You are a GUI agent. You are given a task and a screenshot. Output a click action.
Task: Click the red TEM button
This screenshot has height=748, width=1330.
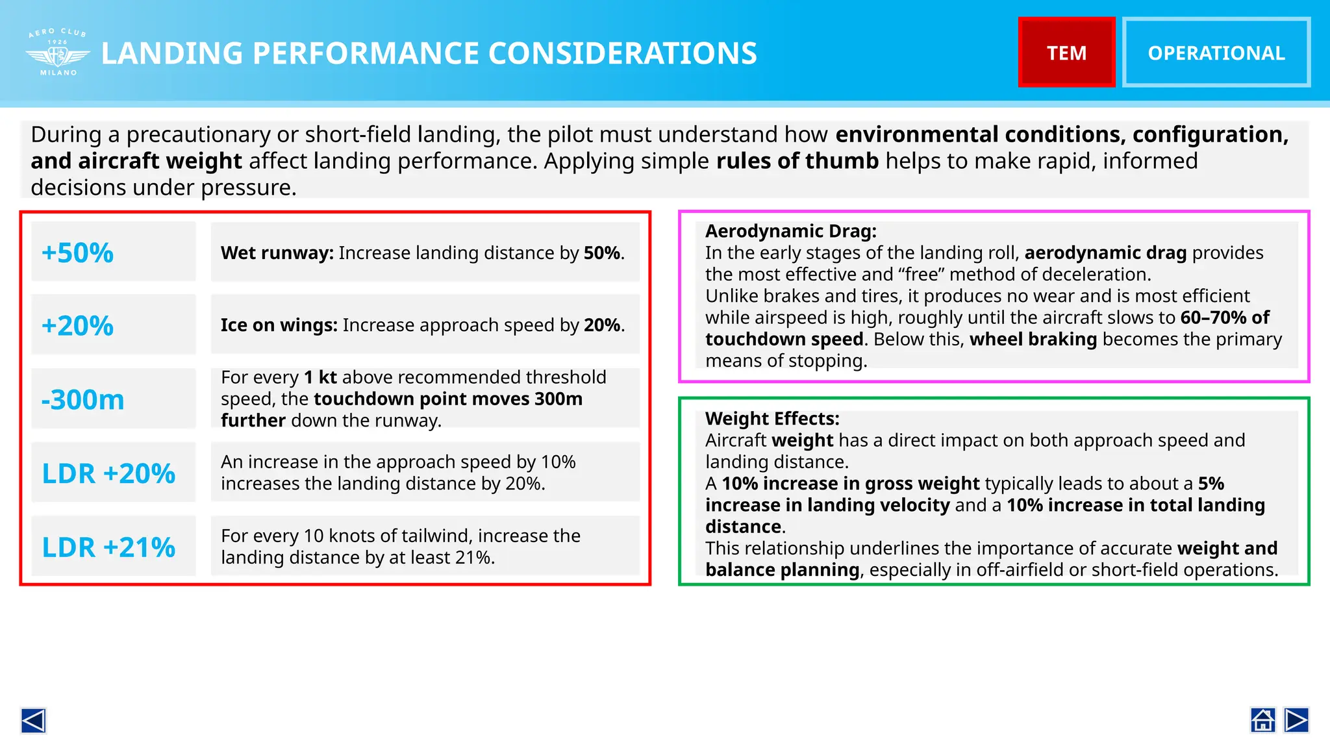tap(1066, 53)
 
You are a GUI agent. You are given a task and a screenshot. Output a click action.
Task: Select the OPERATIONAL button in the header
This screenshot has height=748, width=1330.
tap(1216, 53)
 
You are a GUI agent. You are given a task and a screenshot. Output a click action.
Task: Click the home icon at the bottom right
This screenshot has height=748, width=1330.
tap(1263, 720)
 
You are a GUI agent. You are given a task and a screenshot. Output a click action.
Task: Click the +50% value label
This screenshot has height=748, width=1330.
tap(78, 253)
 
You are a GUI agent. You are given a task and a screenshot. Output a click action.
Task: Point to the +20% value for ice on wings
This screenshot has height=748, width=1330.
tap(78, 325)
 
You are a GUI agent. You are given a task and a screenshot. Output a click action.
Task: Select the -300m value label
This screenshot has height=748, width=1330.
tap(83, 399)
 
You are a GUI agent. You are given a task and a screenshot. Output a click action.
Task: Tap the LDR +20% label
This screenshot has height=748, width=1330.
tap(108, 473)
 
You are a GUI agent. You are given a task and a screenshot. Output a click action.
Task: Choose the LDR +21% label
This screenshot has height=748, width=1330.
tap(108, 547)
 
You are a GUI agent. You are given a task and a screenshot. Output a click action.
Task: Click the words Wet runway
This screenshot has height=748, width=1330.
tap(277, 253)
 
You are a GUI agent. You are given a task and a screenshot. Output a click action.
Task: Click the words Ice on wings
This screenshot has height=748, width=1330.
tap(279, 325)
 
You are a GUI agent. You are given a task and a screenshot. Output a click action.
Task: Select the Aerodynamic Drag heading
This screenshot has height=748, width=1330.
tap(790, 231)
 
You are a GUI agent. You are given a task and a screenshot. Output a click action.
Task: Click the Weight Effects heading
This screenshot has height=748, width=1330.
tap(772, 418)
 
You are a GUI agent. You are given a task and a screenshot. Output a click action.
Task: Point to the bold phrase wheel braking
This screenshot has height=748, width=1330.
tap(1033, 339)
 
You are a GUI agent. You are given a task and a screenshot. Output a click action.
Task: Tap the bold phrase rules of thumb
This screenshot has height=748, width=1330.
tap(797, 160)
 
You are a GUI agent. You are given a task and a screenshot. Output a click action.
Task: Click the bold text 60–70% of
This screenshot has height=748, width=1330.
tap(1224, 318)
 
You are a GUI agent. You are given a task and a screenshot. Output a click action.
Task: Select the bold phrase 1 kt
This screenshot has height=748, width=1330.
tap(320, 377)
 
